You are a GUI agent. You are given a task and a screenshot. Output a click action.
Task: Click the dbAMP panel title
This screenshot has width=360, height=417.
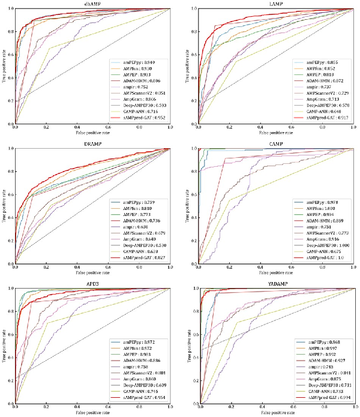(92, 4)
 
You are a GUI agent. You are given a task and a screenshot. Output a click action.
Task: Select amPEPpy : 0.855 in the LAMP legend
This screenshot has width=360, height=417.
(321, 62)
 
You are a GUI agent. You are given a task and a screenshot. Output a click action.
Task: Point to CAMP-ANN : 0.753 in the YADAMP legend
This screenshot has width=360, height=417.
(322, 391)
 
